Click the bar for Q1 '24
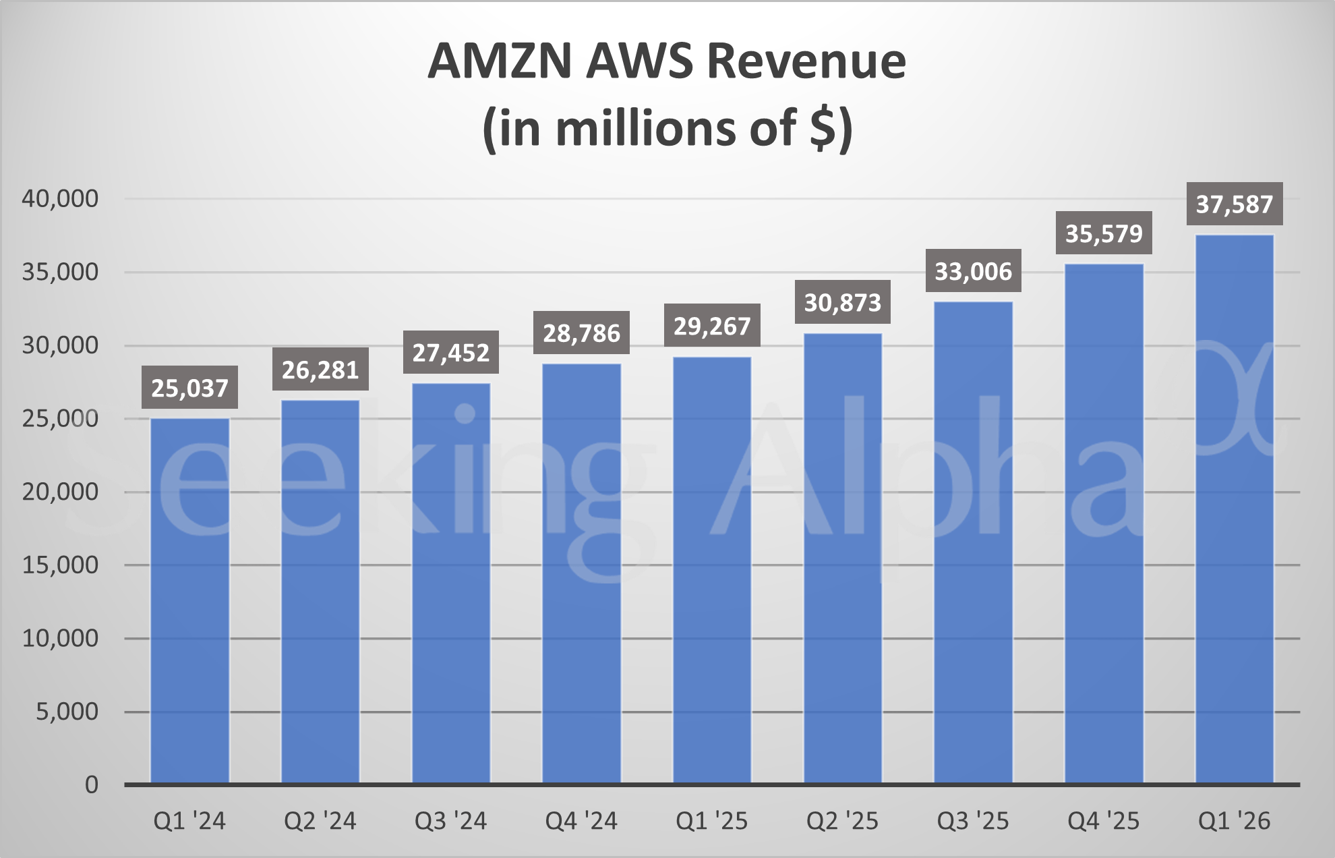click(189, 600)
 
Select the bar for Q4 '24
click(581, 573)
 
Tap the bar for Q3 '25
click(973, 542)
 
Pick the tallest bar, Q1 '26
click(1235, 509)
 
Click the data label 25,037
click(189, 388)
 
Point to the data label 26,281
click(320, 370)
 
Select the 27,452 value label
click(451, 353)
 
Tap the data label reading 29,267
click(712, 326)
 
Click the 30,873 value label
click(843, 302)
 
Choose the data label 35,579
click(1104, 233)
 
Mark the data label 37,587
click(1235, 204)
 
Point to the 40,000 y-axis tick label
click(60, 198)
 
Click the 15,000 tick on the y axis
click(60, 565)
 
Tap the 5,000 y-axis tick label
click(67, 712)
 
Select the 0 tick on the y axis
click(92, 784)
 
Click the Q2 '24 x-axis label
click(320, 821)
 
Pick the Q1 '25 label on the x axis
click(712, 821)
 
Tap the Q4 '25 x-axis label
click(1104, 821)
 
